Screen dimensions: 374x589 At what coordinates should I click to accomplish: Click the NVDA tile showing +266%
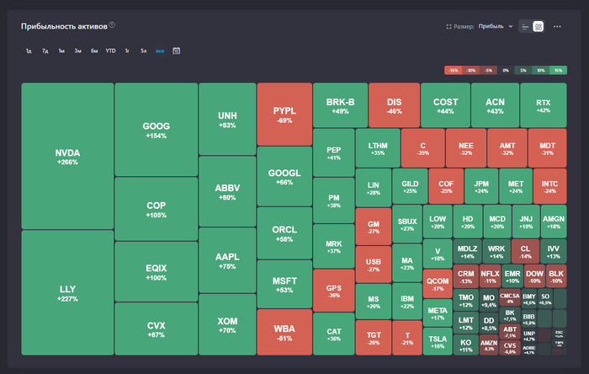tap(67, 157)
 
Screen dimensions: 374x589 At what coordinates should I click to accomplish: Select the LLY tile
tap(67, 292)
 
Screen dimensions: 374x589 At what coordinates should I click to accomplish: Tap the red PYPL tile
tap(284, 115)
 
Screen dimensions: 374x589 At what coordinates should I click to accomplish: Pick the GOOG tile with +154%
tap(156, 130)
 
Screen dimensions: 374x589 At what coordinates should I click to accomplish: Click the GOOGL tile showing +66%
tap(284, 177)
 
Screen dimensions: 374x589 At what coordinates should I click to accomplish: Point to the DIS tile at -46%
tap(394, 105)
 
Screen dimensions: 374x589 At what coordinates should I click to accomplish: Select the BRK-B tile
tap(340, 105)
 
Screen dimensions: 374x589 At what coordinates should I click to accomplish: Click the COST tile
tap(445, 105)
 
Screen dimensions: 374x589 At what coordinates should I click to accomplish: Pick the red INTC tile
tap(549, 186)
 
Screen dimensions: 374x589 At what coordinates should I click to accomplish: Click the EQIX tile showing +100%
tap(156, 272)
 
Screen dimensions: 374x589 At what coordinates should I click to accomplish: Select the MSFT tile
tap(284, 285)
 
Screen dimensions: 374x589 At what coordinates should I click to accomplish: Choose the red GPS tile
tap(333, 291)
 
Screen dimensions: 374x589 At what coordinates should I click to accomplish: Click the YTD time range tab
tap(110, 51)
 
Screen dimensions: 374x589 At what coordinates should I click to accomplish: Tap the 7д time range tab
tap(45, 51)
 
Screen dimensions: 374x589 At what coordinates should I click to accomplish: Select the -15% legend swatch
tap(453, 70)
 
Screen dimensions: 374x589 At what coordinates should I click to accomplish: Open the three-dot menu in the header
tap(557, 26)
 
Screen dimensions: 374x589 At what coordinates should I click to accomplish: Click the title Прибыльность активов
tap(64, 26)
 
